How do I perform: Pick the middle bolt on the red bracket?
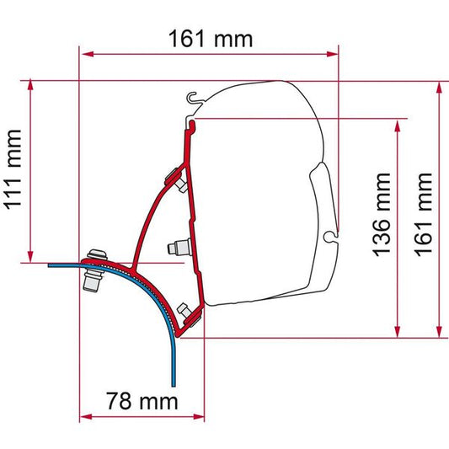tap(178, 248)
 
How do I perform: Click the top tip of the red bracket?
tap(195, 123)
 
